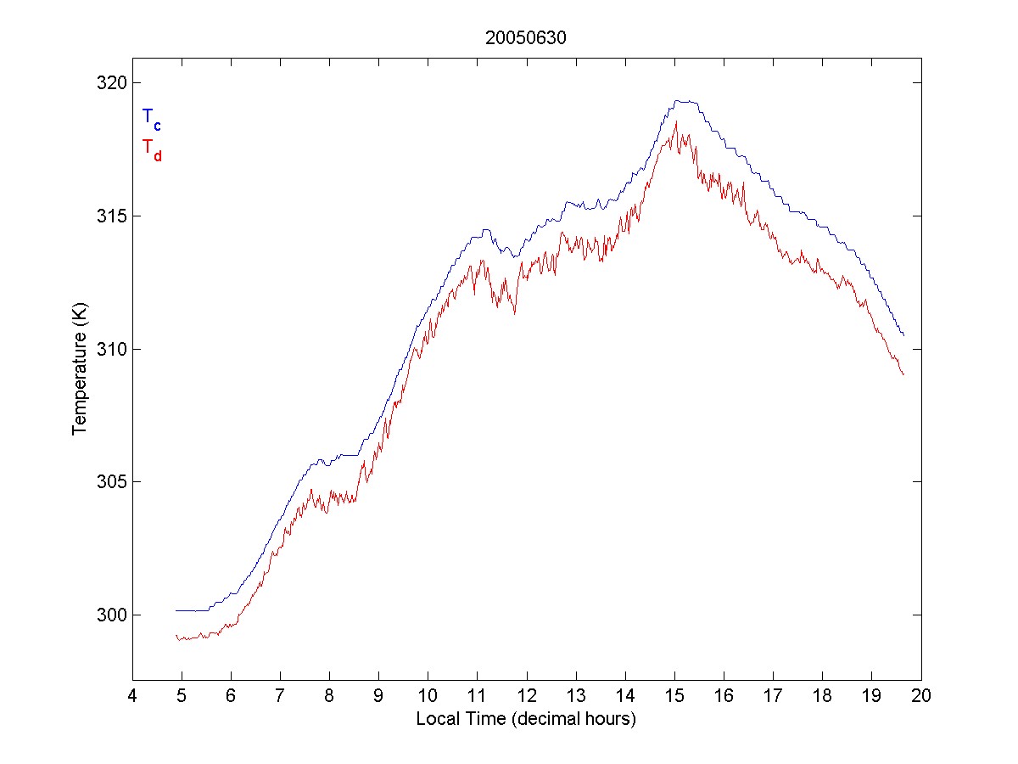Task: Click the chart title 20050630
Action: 526,38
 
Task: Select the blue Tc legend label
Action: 151,118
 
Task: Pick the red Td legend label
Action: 151,149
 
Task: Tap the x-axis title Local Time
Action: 526,719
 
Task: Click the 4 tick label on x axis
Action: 132,696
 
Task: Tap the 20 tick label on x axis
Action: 921,696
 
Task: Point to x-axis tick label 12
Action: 527,696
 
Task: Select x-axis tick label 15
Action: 674,696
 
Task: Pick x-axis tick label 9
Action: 379,696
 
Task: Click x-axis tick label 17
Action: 773,696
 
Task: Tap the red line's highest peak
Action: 676,122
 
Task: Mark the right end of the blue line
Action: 904,335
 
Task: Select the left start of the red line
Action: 176,635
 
